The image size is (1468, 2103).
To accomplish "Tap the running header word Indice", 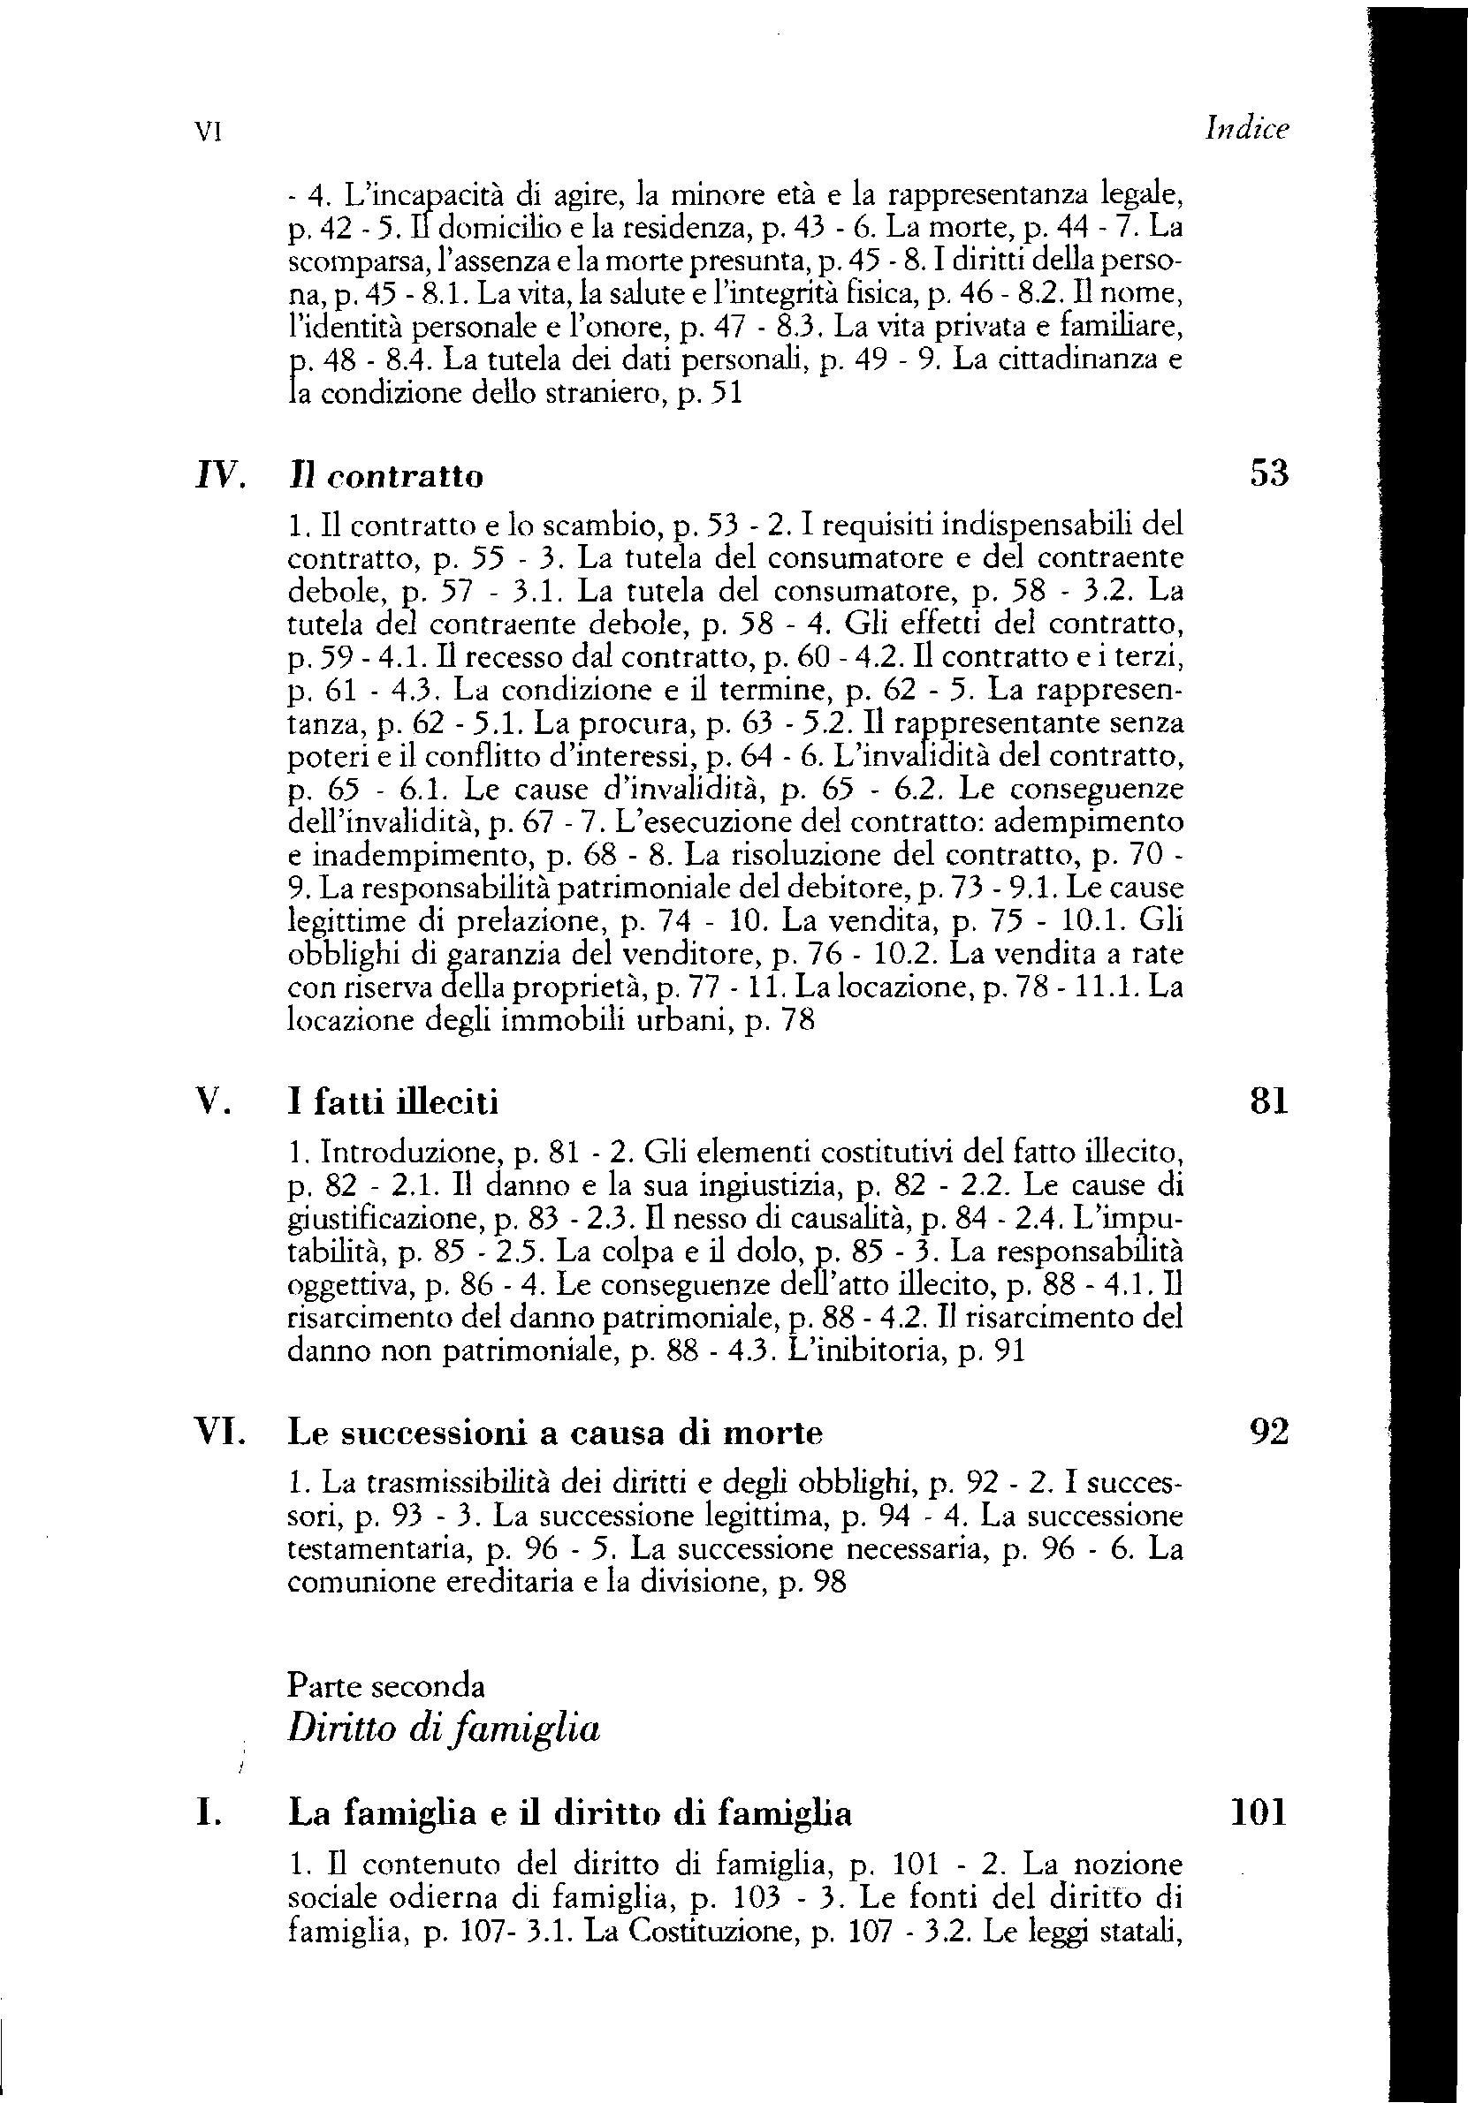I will pos(1247,130).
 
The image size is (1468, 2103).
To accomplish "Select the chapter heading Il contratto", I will pos(384,476).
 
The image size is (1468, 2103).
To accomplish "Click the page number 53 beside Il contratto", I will pos(1269,473).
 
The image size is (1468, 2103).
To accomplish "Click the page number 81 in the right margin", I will pos(1269,1100).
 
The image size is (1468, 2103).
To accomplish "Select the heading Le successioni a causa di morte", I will pos(555,1433).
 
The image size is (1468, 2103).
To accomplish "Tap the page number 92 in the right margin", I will pos(1269,1431).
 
